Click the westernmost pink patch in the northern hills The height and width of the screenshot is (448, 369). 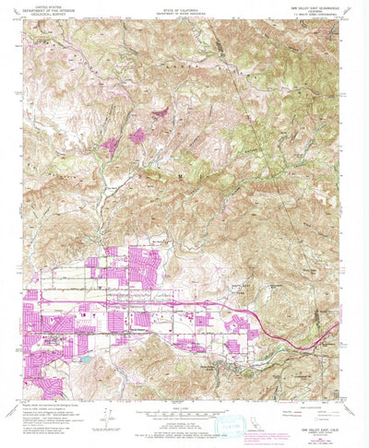(112, 145)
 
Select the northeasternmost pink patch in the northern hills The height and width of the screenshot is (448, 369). (158, 112)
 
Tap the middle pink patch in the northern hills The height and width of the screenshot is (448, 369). (137, 136)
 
